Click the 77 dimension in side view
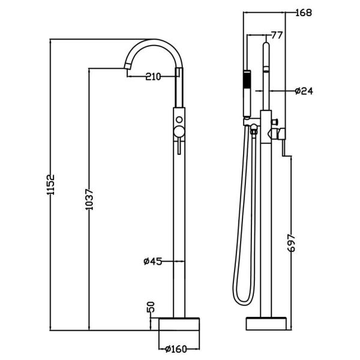276,35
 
